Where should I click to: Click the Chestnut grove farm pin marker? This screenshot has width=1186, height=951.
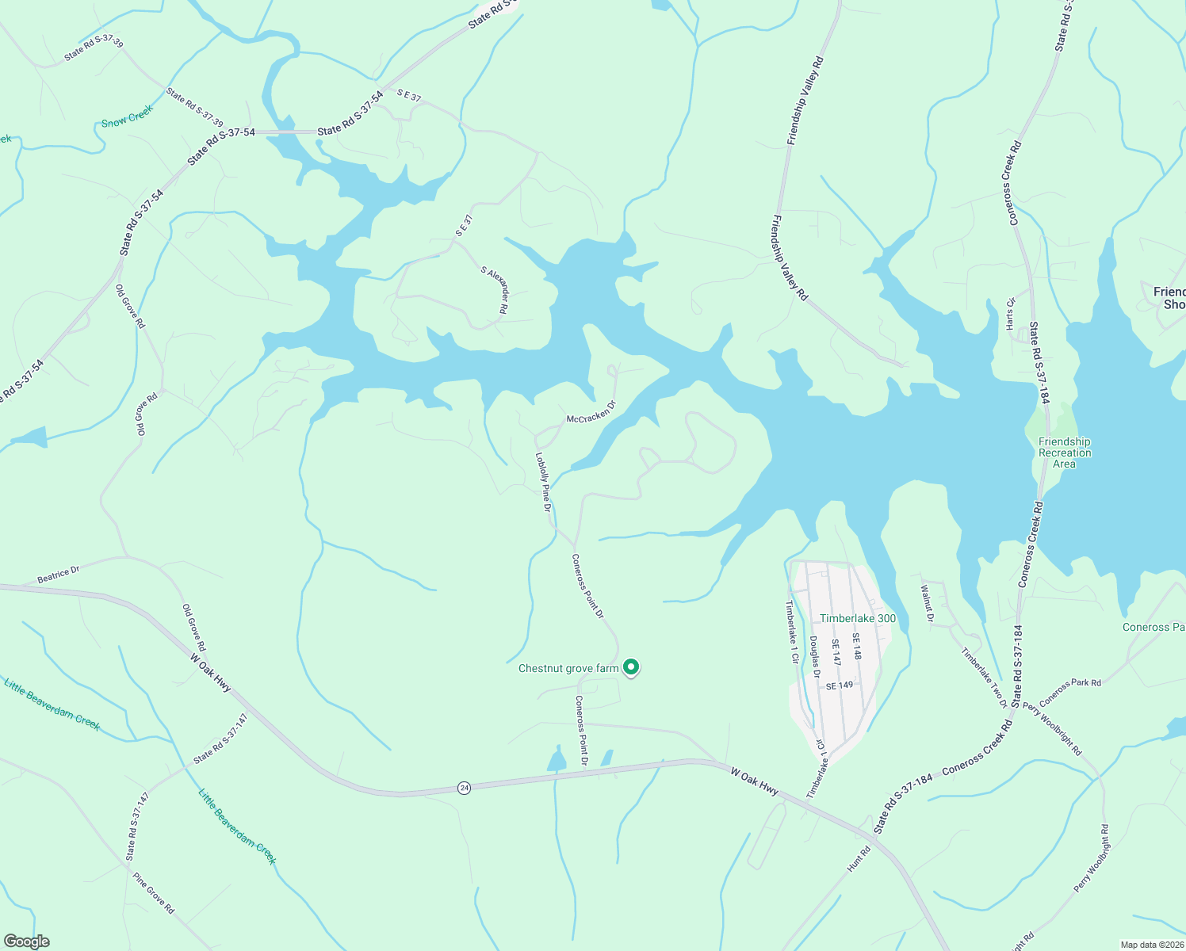pyautogui.click(x=631, y=667)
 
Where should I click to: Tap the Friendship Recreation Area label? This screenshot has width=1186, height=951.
pyautogui.click(x=1064, y=453)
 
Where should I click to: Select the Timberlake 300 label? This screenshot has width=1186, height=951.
pyautogui.click(x=858, y=619)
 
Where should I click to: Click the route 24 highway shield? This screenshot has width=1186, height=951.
pyautogui.click(x=465, y=788)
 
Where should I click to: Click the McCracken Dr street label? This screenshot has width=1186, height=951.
pyautogui.click(x=591, y=412)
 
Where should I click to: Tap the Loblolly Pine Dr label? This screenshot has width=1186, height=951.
pyautogui.click(x=543, y=482)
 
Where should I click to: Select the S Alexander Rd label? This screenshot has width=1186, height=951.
pyautogui.click(x=494, y=290)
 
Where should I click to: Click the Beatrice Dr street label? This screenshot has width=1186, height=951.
pyautogui.click(x=59, y=575)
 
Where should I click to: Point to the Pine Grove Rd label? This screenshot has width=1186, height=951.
pyautogui.click(x=154, y=893)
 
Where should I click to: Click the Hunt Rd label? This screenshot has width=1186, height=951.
pyautogui.click(x=859, y=859)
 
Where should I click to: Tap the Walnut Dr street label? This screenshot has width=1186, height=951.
pyautogui.click(x=927, y=603)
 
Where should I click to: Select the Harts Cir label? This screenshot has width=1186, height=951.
pyautogui.click(x=1010, y=314)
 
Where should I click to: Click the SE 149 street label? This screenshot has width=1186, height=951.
pyautogui.click(x=840, y=686)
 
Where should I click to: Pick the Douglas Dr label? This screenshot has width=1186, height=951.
pyautogui.click(x=814, y=657)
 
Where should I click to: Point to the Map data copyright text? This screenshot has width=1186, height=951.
pyautogui.click(x=1152, y=945)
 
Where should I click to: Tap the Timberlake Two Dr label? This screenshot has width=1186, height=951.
pyautogui.click(x=984, y=678)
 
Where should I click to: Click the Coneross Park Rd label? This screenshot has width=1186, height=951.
pyautogui.click(x=1069, y=692)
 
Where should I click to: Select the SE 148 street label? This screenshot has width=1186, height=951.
pyautogui.click(x=856, y=646)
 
